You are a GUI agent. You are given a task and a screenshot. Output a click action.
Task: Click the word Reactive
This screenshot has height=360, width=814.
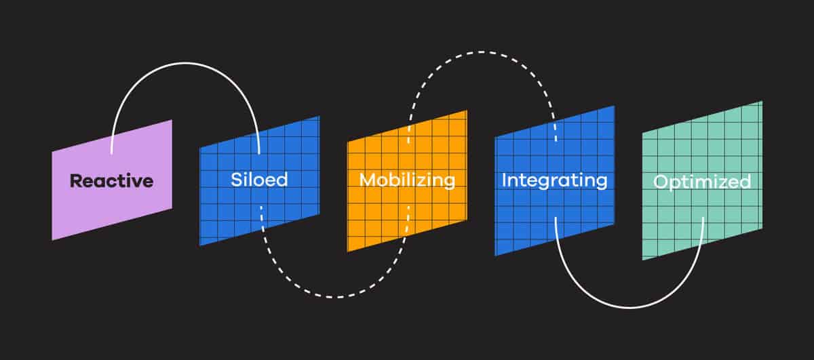111,181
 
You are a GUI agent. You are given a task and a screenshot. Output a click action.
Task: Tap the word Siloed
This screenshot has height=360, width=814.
259,180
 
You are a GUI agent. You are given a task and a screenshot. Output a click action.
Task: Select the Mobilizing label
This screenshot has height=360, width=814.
407,180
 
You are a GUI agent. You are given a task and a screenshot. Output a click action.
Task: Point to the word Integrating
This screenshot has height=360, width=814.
554,180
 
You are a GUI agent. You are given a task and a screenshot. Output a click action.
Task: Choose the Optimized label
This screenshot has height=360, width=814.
702,182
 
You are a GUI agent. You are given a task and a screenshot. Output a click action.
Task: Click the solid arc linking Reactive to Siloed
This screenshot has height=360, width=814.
185,63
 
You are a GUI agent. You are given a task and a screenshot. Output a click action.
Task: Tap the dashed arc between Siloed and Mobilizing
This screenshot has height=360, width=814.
335,297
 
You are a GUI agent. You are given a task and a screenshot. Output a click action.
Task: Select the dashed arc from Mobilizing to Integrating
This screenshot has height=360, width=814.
482,52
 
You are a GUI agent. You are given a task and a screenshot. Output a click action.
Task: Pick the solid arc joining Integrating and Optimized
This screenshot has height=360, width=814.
629,308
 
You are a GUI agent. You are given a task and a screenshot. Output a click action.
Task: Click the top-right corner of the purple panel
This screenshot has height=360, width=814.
172,120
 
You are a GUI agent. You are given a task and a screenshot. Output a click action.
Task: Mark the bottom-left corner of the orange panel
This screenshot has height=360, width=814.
347,252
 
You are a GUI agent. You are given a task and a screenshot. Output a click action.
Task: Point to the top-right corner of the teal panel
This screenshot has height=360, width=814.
762,101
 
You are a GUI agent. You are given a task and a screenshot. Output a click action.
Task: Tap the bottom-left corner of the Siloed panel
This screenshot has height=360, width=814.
199,245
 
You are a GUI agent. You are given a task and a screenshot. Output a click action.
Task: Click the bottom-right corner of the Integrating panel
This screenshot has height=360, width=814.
615,224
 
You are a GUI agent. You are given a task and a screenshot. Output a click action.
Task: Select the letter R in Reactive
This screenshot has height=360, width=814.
76,181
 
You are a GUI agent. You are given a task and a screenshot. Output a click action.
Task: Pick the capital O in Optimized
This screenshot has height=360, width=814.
660,182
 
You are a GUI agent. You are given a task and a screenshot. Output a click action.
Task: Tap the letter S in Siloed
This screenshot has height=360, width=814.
237,180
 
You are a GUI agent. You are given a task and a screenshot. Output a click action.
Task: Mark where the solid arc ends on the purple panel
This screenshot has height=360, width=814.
111,153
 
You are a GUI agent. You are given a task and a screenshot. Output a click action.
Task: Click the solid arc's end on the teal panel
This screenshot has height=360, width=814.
703,218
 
